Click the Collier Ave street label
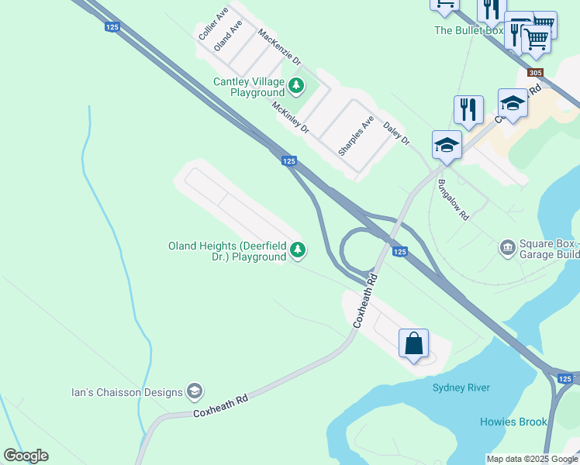pyautogui.click(x=213, y=25)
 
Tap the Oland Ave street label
pyautogui.click(x=229, y=36)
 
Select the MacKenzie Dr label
pyautogui.click(x=279, y=48)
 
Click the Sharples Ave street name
pyautogui.click(x=356, y=136)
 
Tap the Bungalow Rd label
pyautogui.click(x=454, y=201)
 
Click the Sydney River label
pyautogui.click(x=461, y=387)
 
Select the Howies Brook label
pyautogui.click(x=513, y=422)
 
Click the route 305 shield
pyautogui.click(x=534, y=73)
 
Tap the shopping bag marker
pyautogui.click(x=414, y=343)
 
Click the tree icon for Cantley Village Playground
pyautogui.click(x=296, y=84)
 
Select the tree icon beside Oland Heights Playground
pyautogui.click(x=298, y=250)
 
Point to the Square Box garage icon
pyautogui.click(x=508, y=247)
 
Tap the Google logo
pyautogui.click(x=26, y=456)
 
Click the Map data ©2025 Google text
pyautogui.click(x=531, y=459)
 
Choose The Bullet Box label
pyautogui.click(x=468, y=30)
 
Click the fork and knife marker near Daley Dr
pyautogui.click(x=468, y=109)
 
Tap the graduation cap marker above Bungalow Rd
pyautogui.click(x=447, y=144)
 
